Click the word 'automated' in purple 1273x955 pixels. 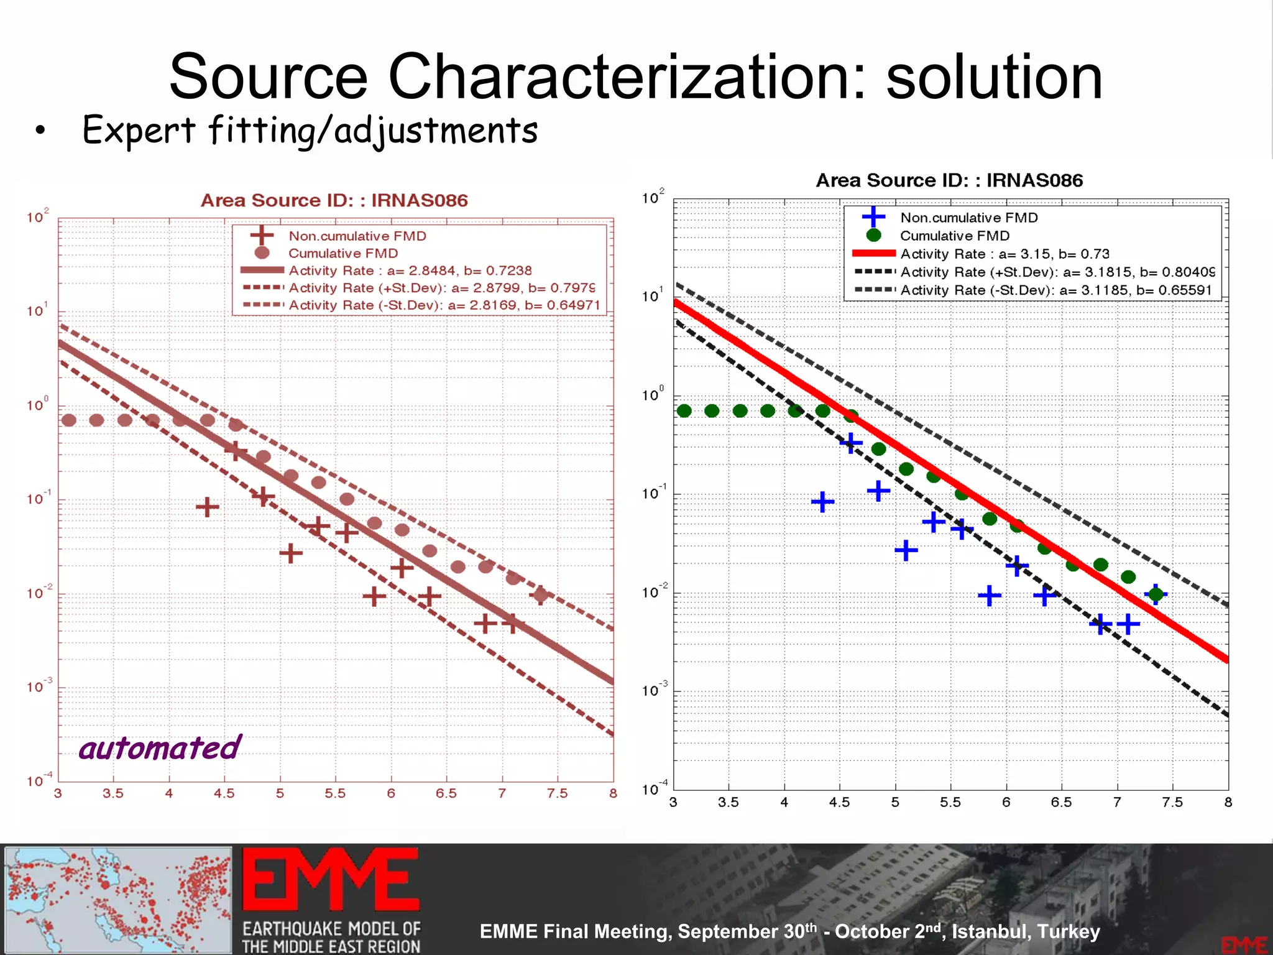point(160,748)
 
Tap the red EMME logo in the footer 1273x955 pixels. point(330,880)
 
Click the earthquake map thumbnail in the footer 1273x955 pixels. point(117,899)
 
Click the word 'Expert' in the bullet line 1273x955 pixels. point(139,131)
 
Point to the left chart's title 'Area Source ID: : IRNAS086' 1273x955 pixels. point(334,200)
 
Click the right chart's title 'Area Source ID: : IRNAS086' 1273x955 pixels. point(949,180)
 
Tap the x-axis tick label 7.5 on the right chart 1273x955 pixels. point(1172,803)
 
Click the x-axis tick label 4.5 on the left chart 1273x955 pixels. point(224,794)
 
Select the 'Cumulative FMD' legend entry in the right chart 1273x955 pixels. point(954,236)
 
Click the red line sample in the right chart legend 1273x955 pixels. point(873,254)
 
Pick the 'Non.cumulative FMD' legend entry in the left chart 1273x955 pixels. point(357,236)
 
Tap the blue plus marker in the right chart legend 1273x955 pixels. point(873,217)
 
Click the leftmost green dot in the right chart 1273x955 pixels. point(684,411)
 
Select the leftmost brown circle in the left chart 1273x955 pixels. point(69,420)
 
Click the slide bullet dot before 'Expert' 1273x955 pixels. point(40,131)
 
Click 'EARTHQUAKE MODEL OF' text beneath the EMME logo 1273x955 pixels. point(331,929)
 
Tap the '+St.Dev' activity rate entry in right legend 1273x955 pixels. point(1057,272)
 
